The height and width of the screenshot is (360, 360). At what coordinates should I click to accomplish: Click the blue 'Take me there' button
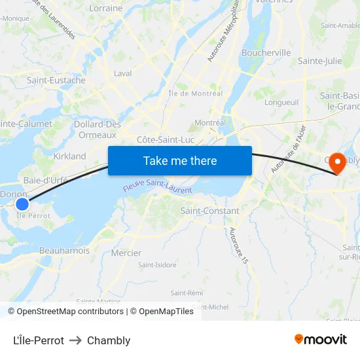(180, 160)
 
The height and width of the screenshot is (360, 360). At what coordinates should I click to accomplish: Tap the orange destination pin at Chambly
(338, 162)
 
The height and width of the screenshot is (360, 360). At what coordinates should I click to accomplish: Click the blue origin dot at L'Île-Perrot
(22, 204)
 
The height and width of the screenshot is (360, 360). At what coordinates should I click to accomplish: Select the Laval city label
(123, 73)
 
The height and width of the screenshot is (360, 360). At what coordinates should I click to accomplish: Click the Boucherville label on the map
(266, 52)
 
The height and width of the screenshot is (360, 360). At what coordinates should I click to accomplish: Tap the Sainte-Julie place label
(319, 61)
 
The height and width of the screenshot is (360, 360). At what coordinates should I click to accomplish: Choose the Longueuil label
(281, 102)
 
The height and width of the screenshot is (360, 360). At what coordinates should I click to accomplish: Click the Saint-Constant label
(209, 211)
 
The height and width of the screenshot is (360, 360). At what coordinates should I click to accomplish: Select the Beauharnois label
(64, 250)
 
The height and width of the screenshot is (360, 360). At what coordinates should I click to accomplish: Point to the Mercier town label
(126, 253)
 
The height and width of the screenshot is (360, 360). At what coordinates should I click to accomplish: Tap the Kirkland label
(70, 156)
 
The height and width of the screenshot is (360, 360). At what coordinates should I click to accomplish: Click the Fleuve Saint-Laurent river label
(158, 187)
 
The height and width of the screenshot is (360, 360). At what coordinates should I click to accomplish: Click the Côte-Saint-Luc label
(166, 139)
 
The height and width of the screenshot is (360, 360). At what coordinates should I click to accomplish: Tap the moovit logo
(321, 339)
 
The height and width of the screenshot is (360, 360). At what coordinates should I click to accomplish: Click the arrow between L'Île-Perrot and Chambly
(75, 340)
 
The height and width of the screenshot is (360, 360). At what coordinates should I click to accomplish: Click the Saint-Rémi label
(186, 293)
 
